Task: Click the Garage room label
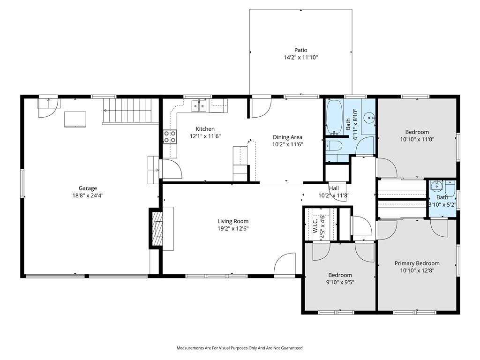tap(88, 188)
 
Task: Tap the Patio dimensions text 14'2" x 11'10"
tap(300, 57)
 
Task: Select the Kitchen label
tap(205, 129)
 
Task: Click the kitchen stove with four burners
tap(170, 136)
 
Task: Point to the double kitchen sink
tap(200, 105)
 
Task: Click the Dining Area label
tap(287, 137)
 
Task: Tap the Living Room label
tap(233, 221)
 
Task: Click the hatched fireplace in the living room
tap(157, 228)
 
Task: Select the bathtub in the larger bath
tap(334, 117)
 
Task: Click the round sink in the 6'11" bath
tap(369, 117)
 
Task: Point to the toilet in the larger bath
tap(333, 146)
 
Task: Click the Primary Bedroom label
tap(417, 263)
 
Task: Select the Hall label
tap(334, 188)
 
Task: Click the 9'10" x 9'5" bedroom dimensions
tap(340, 282)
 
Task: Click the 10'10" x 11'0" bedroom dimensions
tap(417, 139)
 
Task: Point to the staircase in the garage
tap(128, 111)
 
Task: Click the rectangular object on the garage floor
tap(75, 120)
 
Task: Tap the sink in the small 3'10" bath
tap(436, 186)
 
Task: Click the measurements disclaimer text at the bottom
tap(240, 348)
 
